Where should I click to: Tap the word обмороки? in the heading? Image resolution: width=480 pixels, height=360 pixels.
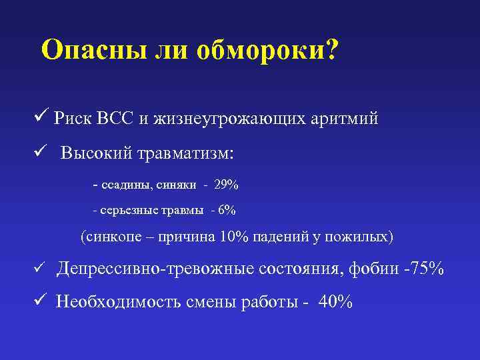(267, 51)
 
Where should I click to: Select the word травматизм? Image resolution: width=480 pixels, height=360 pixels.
(185, 153)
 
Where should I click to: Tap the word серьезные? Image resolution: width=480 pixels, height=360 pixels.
(129, 210)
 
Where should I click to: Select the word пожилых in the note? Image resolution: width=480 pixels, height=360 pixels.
(367, 237)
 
